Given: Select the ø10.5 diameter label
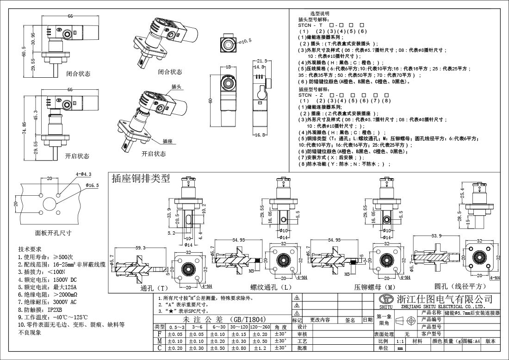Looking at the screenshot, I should click(x=245, y=41).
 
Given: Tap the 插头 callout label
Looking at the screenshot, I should click(x=176, y=87).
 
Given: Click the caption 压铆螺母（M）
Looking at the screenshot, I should click(x=374, y=287).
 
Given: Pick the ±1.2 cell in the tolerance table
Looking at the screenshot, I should click(x=261, y=348).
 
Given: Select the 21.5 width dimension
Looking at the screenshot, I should click(x=262, y=61).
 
